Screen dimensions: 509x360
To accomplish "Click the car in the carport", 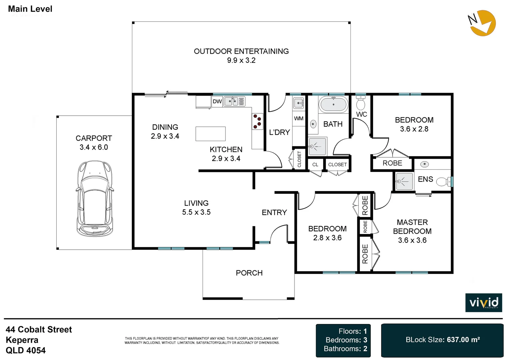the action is (95, 199).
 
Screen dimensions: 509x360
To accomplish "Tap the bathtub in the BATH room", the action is (333, 104).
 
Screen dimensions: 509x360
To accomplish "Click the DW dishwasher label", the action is (217, 101).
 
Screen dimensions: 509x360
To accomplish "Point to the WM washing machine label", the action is (298, 118).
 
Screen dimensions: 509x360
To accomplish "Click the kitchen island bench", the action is (211, 134).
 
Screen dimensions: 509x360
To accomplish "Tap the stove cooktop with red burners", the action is (257, 121).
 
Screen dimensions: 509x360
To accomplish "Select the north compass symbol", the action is (482, 23).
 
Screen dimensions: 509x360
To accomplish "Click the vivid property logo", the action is (484, 302).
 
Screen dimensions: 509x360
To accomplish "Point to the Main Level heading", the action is (30, 9).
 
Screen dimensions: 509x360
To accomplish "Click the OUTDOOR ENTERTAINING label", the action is (241, 51).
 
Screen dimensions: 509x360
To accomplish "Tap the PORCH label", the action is (249, 273).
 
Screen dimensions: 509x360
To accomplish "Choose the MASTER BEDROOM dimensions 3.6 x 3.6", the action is (412, 240).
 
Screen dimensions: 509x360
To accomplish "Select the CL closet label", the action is (315, 164).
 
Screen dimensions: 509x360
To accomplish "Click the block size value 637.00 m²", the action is (463, 340).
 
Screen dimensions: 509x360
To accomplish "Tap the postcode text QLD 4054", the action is (26, 350).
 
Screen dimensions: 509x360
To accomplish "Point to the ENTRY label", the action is (274, 212).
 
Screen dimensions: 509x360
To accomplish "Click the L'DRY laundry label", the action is (279, 132).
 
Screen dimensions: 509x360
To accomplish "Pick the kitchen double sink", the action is (231, 101).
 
